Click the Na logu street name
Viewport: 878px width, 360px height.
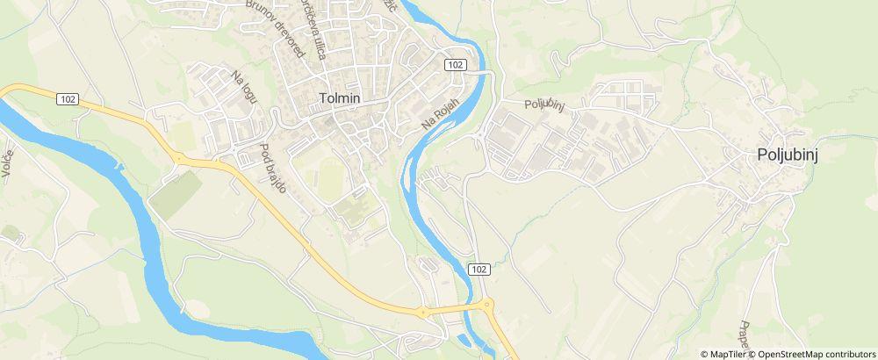tap(244, 88)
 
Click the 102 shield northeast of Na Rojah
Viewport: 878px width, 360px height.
tap(454, 65)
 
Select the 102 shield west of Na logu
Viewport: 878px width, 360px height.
tap(68, 98)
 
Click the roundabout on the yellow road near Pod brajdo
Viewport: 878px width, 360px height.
tap(180, 159)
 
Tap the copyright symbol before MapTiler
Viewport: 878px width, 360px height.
tap(705, 354)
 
